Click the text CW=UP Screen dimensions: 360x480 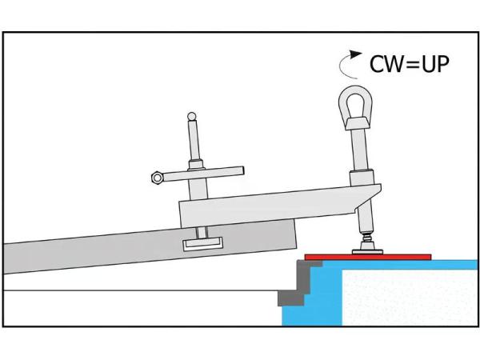coord(409,63)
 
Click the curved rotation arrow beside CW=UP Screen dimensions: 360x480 coord(350,62)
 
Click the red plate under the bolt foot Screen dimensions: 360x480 coord(368,257)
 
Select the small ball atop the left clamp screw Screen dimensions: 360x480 coord(191,117)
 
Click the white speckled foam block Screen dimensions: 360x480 coord(408,296)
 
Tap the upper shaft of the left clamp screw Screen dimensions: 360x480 coord(192,144)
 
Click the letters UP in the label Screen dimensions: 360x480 coord(434,63)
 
